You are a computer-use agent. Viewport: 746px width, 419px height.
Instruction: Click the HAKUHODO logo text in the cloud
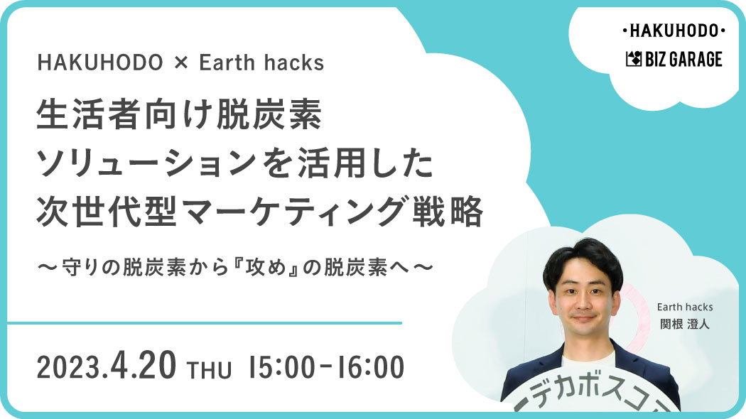coord(674,31)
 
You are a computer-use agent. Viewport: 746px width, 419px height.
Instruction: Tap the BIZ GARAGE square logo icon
coord(634,60)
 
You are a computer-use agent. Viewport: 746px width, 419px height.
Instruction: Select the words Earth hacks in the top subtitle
coord(261,62)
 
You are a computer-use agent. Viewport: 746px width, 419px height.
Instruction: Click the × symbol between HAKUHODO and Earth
coord(180,62)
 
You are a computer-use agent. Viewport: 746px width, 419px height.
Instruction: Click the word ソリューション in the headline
coord(148,163)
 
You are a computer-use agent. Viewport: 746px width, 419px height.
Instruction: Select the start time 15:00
coord(281,368)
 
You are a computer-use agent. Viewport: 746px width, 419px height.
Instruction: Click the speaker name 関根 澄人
coord(685,325)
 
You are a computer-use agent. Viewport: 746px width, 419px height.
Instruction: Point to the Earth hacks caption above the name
coord(685,307)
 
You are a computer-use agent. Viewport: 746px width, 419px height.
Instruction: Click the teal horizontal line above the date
coord(205,323)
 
